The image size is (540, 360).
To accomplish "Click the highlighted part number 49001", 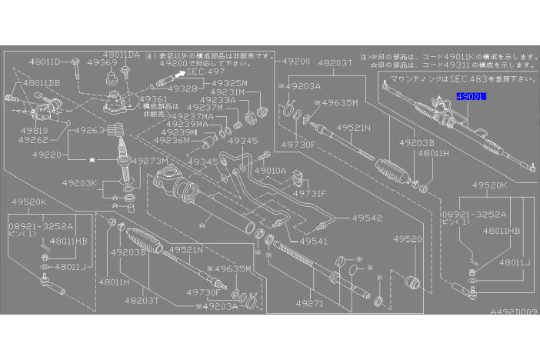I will pyautogui.click(x=472, y=98).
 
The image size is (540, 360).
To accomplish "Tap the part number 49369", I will pyautogui.click(x=102, y=64).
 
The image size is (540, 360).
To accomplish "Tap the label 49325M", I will pyautogui.click(x=229, y=83).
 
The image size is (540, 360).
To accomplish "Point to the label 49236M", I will pyautogui.click(x=172, y=141).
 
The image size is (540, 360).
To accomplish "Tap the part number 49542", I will pyautogui.click(x=368, y=218).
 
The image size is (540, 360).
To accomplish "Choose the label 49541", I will pyautogui.click(x=314, y=242).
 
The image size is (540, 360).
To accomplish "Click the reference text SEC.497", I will pyautogui.click(x=205, y=70).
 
